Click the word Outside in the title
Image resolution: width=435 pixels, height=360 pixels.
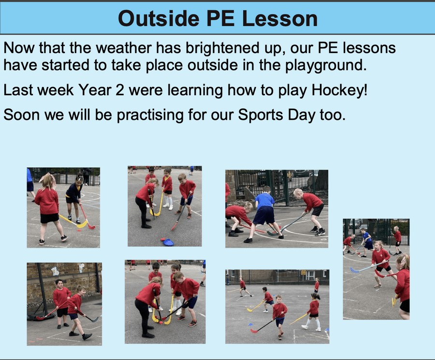click(x=159, y=19)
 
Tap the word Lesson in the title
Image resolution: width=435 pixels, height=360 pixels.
click(x=280, y=19)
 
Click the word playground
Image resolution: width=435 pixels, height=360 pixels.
click(x=326, y=66)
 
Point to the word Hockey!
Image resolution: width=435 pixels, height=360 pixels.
click(x=340, y=90)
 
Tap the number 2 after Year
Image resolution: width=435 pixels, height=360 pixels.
click(x=120, y=90)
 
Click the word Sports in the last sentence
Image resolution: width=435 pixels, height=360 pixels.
click(x=260, y=115)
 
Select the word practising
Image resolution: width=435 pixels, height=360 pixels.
click(x=150, y=115)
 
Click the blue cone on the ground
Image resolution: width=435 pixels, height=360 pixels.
click(x=168, y=243)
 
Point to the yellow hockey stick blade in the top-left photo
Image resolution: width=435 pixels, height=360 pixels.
click(x=82, y=224)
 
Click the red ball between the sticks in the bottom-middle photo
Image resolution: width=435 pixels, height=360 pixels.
click(x=161, y=322)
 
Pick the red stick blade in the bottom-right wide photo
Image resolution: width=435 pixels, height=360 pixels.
click(x=254, y=331)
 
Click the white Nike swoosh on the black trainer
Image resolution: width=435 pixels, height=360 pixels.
click(x=321, y=233)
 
